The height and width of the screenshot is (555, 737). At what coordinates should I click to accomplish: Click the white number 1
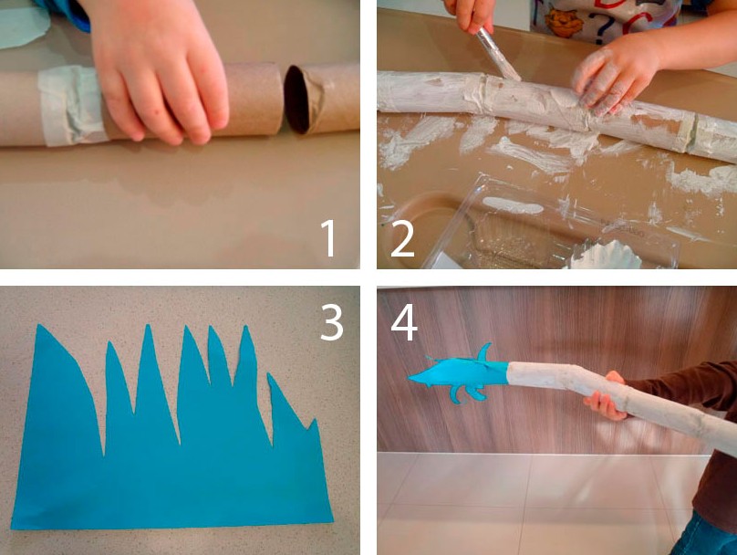[x=328, y=238]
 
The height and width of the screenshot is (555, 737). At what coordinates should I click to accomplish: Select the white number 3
[x=332, y=321]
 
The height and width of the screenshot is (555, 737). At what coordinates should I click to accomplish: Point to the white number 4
[x=404, y=322]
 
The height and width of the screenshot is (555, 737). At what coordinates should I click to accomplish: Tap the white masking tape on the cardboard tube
[x=70, y=106]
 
